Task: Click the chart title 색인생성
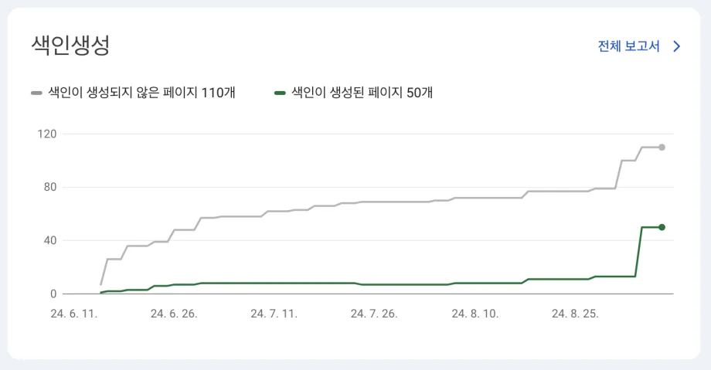pos(70,45)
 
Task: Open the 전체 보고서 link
pos(628,46)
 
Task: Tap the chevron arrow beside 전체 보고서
pos(677,46)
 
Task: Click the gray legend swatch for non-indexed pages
pos(36,93)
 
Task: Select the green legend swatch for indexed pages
pos(281,93)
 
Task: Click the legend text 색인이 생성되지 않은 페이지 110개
pos(141,93)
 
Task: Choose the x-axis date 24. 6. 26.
pos(174,314)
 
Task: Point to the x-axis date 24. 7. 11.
pos(274,314)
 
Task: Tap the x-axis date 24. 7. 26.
pos(374,314)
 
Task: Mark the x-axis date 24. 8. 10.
pos(475,314)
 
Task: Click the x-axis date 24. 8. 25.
pos(574,314)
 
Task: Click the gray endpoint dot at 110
pos(662,147)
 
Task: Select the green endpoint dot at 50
pos(662,227)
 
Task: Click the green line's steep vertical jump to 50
pos(638,252)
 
